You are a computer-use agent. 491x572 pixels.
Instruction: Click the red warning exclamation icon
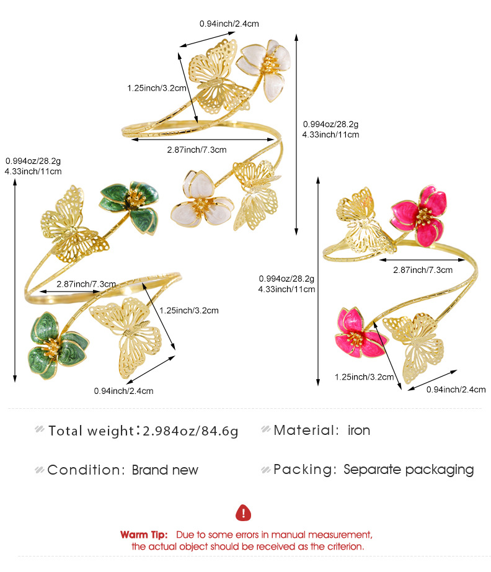point(243,512)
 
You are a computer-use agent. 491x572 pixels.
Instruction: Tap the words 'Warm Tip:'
point(144,535)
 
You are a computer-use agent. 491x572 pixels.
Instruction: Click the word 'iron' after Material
point(359,431)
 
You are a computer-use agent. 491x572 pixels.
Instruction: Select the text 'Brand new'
point(165,470)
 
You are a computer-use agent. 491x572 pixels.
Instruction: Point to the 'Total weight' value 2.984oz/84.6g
point(190,431)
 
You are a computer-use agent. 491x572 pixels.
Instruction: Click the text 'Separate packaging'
point(409,470)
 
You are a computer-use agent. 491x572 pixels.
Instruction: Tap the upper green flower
point(130,207)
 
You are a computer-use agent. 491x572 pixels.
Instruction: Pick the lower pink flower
point(360,333)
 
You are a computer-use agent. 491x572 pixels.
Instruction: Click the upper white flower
point(265,69)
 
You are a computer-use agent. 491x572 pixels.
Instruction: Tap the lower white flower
point(201,199)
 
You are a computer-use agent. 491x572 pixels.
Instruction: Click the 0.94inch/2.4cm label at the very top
point(229,24)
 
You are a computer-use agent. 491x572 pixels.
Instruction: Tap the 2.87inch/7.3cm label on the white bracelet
point(197,150)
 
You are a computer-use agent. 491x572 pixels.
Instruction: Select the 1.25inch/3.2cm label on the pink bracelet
point(364,377)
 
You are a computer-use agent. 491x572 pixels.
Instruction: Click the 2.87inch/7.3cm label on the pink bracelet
point(422,270)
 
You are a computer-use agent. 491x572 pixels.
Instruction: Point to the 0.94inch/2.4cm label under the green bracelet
point(123,391)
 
